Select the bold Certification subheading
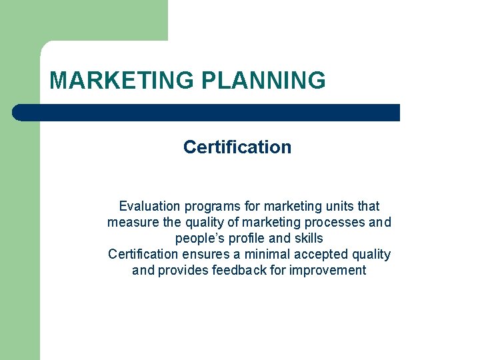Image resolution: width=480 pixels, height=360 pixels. pos(237,147)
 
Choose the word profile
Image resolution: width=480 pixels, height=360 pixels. pos(248,238)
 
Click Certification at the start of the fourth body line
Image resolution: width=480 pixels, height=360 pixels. pos(143,254)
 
